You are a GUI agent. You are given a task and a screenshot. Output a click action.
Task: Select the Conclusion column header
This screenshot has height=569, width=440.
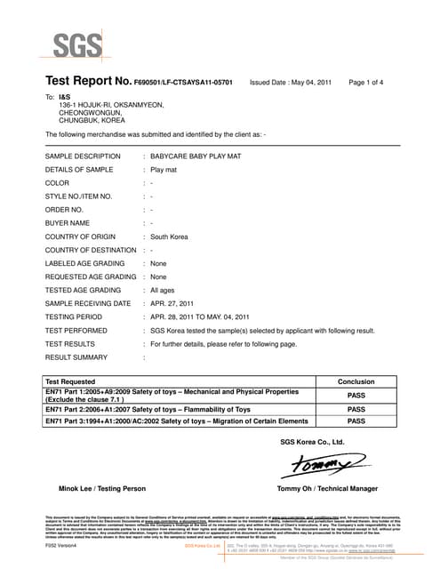pos(356,381)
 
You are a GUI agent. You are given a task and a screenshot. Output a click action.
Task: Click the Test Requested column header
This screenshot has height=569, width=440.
pos(76,381)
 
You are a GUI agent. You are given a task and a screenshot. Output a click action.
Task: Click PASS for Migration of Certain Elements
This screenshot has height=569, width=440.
pos(356,421)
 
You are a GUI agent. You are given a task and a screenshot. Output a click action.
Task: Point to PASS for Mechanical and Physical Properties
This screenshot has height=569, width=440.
pos(356,396)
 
